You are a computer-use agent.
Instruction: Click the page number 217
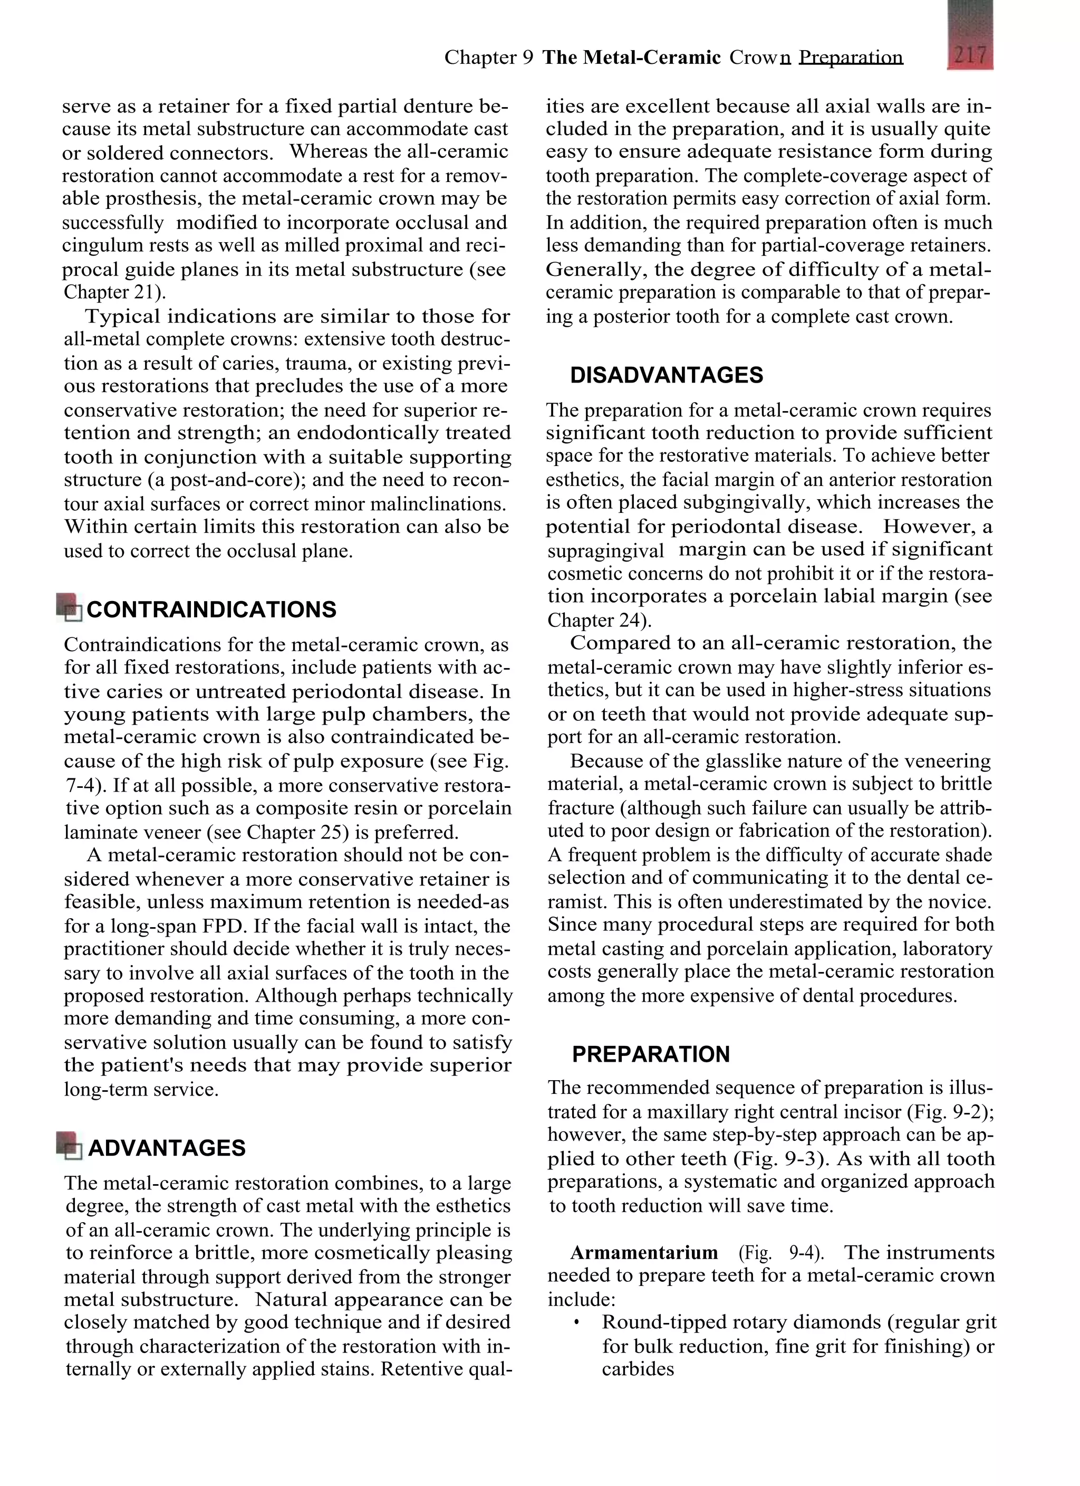point(970,54)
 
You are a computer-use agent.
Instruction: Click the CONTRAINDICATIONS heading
point(211,609)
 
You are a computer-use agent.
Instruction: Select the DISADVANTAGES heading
point(666,375)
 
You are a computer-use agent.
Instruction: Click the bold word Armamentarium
point(644,1253)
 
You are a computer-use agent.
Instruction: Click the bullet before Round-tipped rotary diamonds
point(576,1323)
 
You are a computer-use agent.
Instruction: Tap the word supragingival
point(605,550)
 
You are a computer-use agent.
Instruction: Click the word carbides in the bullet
point(637,1369)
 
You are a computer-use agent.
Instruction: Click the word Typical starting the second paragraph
point(123,317)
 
